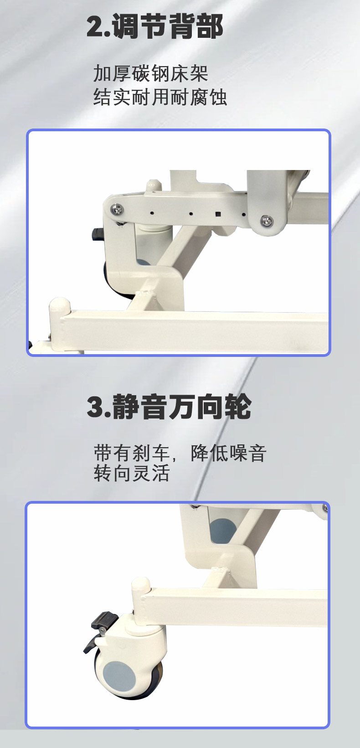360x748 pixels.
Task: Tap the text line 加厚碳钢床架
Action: (151, 73)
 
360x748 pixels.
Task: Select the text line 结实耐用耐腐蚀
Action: (160, 97)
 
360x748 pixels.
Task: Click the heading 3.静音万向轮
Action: (169, 407)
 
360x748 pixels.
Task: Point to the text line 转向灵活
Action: (132, 473)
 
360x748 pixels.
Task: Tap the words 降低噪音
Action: (229, 453)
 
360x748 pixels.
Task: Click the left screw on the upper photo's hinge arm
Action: (117, 209)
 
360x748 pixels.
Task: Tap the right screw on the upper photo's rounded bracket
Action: (267, 220)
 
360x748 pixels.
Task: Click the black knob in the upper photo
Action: (97, 234)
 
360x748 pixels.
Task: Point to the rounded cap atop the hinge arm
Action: (153, 186)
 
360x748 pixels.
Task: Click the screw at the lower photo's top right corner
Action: (325, 508)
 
